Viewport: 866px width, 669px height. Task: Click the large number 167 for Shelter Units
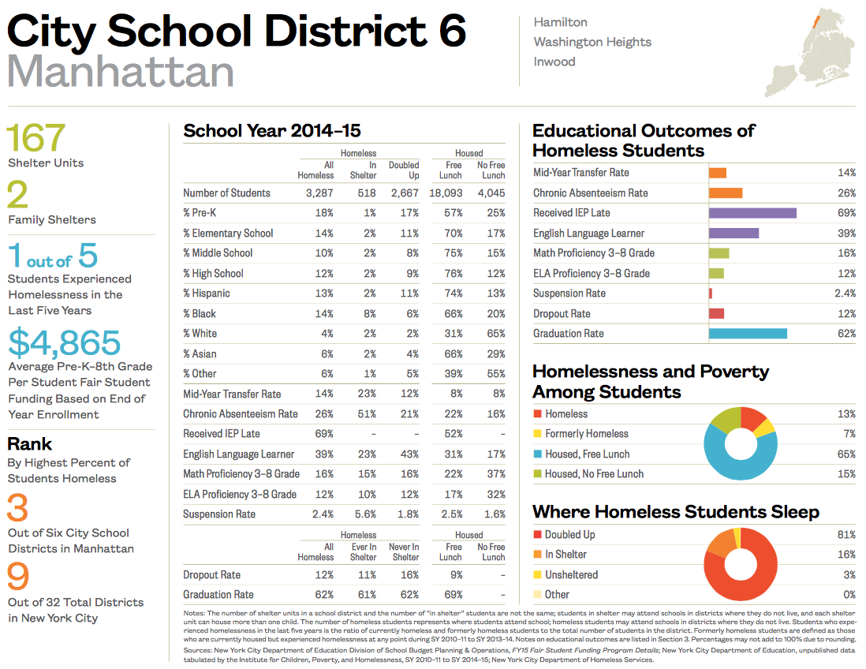click(x=36, y=137)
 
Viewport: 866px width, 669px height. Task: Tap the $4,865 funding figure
click(x=65, y=342)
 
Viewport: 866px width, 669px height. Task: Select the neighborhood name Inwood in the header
click(x=554, y=62)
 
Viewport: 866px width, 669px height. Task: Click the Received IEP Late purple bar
click(x=752, y=213)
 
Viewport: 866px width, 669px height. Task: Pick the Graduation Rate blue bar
click(x=748, y=334)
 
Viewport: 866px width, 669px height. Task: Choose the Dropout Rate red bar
click(x=716, y=314)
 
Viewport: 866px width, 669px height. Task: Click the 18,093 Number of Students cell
click(x=446, y=193)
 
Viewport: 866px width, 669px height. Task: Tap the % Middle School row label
click(x=218, y=253)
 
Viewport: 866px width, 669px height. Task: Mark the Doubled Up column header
click(x=404, y=170)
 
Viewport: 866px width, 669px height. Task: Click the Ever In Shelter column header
click(x=364, y=551)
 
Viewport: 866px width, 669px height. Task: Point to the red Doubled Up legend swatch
click(x=537, y=535)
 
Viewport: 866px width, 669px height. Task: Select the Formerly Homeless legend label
click(x=587, y=434)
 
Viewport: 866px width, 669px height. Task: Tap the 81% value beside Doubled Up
click(x=846, y=535)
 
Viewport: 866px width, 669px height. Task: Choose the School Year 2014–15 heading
click(x=272, y=131)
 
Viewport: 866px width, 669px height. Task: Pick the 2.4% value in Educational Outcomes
click(x=845, y=293)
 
